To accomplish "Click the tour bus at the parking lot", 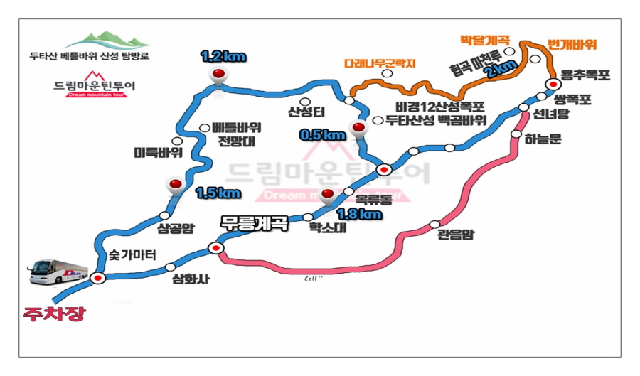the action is point(63,271).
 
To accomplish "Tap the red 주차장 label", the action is point(53,313).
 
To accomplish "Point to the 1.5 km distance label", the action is point(217,193).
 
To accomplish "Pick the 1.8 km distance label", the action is point(358,213).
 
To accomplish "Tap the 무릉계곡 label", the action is point(254,222).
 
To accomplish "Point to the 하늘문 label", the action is point(544,139).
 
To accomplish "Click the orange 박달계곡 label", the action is point(484,38).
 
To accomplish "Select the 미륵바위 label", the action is point(158,153).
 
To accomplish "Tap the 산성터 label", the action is point(306,112).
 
